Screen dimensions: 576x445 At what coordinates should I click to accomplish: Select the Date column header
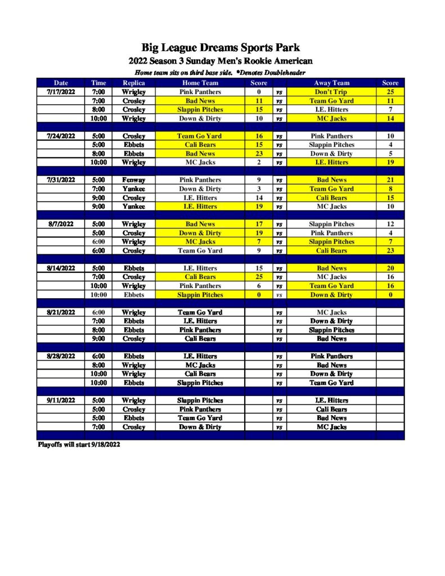[61, 83]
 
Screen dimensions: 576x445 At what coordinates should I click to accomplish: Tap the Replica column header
[134, 83]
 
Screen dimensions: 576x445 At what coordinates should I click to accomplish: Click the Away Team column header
[331, 83]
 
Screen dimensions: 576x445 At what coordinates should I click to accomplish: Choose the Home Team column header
[200, 83]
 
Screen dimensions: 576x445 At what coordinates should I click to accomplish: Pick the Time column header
[98, 83]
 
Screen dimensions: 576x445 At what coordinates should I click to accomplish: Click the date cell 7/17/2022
[61, 92]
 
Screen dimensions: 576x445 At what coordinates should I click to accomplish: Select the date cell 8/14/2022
[61, 268]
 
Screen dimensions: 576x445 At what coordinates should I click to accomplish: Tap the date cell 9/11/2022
[61, 400]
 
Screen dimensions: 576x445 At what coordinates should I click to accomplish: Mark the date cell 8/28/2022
[61, 356]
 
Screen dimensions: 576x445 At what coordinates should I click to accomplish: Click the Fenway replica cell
[134, 180]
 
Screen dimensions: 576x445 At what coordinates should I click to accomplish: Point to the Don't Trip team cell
[331, 92]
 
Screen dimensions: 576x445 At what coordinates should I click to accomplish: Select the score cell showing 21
[390, 180]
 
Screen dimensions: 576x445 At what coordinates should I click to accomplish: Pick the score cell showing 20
[390, 268]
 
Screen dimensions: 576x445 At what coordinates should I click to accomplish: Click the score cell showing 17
[259, 224]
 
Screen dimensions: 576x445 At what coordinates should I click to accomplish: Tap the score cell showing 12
[390, 224]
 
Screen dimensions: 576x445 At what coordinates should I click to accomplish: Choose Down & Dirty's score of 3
[259, 189]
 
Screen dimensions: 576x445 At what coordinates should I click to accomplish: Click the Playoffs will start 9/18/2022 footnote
[79, 444]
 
